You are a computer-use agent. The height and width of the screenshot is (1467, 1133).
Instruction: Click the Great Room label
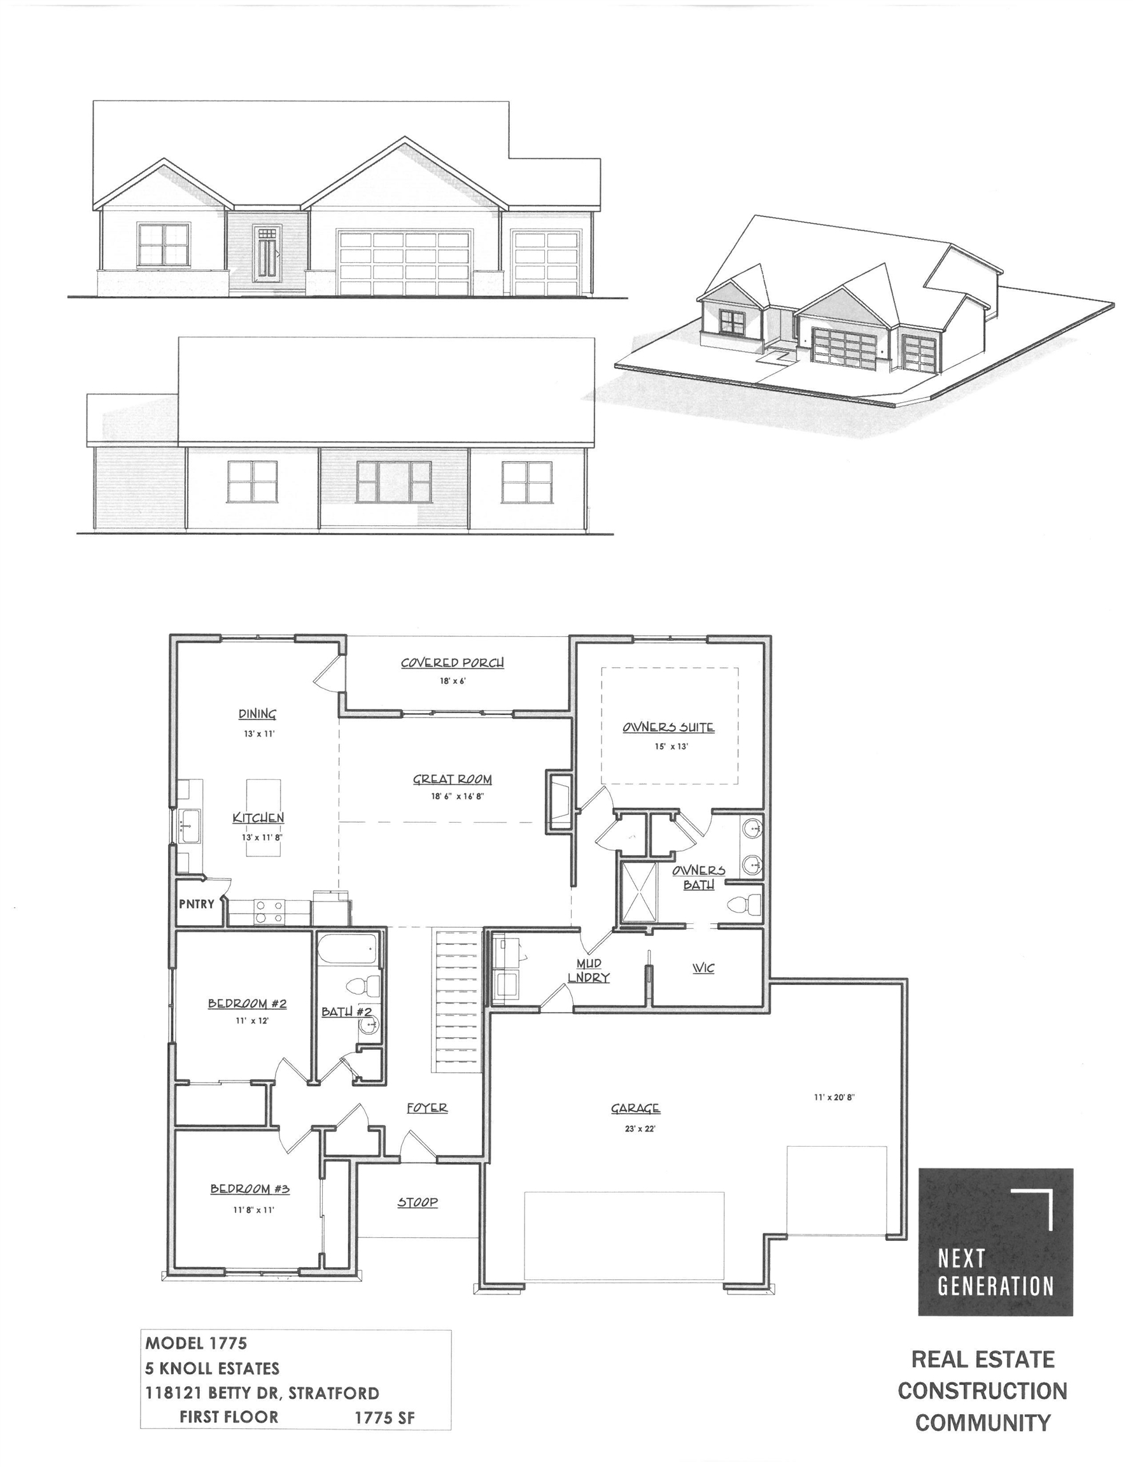click(452, 779)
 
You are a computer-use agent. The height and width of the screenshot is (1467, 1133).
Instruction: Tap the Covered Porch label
click(452, 662)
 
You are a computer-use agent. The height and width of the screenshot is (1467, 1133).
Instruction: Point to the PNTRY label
click(196, 904)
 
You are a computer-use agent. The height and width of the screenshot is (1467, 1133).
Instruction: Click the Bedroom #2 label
click(247, 1003)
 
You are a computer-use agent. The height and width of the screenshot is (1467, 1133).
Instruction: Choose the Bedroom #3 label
click(250, 1189)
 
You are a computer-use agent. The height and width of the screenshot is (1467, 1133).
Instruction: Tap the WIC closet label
click(703, 968)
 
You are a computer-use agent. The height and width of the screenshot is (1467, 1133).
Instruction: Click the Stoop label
click(417, 1202)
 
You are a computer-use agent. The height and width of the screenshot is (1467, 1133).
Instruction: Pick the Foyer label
click(427, 1108)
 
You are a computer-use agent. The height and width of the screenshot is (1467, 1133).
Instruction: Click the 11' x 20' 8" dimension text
click(833, 1098)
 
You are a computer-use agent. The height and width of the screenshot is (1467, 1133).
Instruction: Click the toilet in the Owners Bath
click(745, 905)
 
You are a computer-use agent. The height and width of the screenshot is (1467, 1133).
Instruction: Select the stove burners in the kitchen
click(269, 912)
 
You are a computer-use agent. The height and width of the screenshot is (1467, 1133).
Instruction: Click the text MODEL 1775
click(196, 1343)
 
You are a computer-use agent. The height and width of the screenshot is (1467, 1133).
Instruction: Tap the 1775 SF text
click(384, 1418)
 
